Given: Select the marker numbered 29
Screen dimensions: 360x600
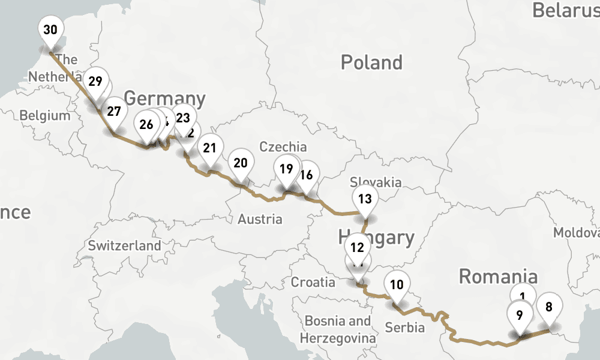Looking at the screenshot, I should coord(95,81).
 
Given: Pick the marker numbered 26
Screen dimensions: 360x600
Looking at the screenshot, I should coord(146,125).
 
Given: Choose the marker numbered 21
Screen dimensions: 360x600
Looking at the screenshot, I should coord(209,148).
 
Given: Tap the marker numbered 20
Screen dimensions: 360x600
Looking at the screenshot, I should coord(241,163).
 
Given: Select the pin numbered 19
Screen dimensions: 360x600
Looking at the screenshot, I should coord(286,169).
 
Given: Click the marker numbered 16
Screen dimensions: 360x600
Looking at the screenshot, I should coord(307,175).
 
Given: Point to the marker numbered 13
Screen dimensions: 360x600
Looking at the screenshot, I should coord(365,199).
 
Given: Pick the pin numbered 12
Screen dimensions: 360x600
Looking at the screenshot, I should coord(358,247).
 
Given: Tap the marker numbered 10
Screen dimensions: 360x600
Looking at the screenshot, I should coord(397,285).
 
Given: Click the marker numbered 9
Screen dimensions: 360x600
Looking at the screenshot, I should coord(520,314).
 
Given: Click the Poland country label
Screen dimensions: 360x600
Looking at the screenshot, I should coord(371,62).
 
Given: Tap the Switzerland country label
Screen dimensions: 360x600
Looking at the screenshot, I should coord(124,245).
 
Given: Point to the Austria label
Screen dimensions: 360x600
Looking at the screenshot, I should coord(260,219).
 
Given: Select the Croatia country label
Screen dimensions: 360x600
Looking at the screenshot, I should coord(313,282).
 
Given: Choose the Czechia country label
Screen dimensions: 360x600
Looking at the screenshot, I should coord(283,146).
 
